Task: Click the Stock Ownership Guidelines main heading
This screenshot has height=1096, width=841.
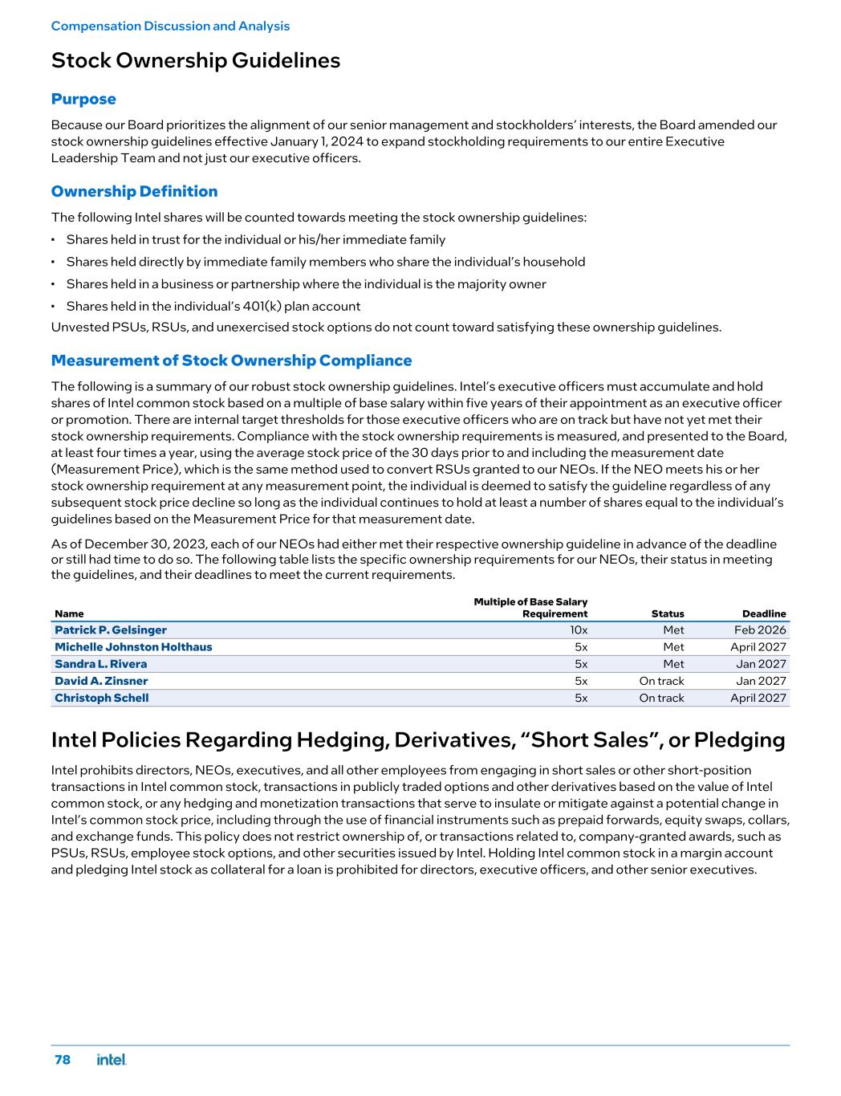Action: (x=195, y=61)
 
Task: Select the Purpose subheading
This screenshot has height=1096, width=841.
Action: (x=83, y=100)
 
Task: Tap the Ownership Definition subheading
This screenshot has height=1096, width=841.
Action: (x=134, y=192)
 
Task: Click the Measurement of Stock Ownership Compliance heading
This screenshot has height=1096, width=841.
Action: (x=231, y=361)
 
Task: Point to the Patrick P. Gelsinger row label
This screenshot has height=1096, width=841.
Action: (x=111, y=630)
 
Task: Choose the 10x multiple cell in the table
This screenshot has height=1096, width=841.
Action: (x=579, y=630)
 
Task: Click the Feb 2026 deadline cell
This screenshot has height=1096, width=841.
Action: (x=760, y=630)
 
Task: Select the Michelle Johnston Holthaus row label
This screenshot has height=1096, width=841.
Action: (x=133, y=647)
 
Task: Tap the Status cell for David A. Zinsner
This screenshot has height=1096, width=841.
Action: (x=661, y=681)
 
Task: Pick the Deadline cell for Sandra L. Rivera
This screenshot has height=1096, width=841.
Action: (x=761, y=664)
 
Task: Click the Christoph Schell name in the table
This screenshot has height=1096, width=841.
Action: (x=101, y=698)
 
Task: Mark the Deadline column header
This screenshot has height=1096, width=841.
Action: (x=763, y=613)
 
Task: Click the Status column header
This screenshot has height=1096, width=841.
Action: (x=668, y=613)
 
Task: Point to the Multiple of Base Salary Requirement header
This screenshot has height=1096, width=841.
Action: (x=530, y=608)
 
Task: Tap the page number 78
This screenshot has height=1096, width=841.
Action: (x=62, y=1060)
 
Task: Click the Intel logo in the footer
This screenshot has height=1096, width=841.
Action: (x=112, y=1060)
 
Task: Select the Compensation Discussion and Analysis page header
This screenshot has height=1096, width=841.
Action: (x=170, y=26)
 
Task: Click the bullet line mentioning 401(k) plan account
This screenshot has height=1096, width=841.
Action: (x=213, y=306)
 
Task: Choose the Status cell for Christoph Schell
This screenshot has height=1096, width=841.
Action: (x=661, y=698)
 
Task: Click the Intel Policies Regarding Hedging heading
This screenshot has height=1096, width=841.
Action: (x=417, y=739)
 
